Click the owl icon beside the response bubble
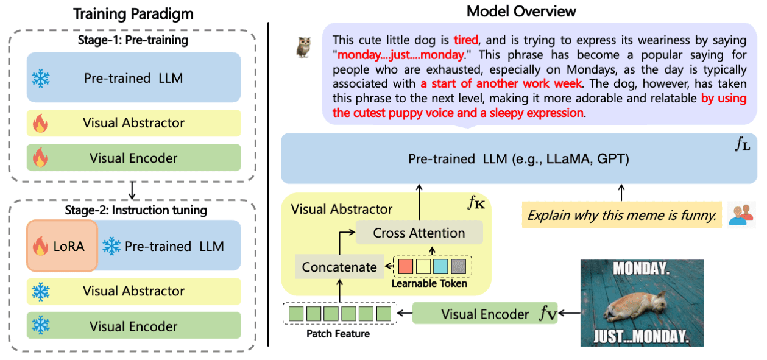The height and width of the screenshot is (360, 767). [x=303, y=48]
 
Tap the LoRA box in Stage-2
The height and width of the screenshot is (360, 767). [x=62, y=245]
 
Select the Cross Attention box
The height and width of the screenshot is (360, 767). [x=419, y=233]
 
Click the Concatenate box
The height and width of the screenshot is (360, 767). [x=339, y=267]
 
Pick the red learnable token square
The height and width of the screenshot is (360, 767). [x=406, y=266]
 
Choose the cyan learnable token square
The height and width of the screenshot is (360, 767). [x=440, y=266]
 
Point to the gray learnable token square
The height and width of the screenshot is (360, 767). [x=458, y=266]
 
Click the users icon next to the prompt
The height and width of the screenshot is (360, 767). [x=741, y=215]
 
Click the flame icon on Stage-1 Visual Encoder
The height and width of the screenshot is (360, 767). [x=40, y=157]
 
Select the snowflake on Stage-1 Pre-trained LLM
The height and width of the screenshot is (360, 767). [x=41, y=79]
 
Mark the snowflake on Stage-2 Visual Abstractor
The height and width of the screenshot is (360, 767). [x=41, y=292]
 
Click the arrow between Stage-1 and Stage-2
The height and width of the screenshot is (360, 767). [x=132, y=190]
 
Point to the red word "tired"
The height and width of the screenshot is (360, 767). [x=465, y=40]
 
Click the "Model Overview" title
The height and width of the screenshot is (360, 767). [x=521, y=12]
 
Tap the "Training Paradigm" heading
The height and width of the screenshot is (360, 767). [x=133, y=14]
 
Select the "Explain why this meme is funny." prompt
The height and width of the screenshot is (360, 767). [x=622, y=215]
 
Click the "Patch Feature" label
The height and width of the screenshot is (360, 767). [x=338, y=334]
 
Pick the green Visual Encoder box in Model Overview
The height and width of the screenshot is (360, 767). [x=485, y=313]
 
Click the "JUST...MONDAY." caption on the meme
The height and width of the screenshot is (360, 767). [x=641, y=336]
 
